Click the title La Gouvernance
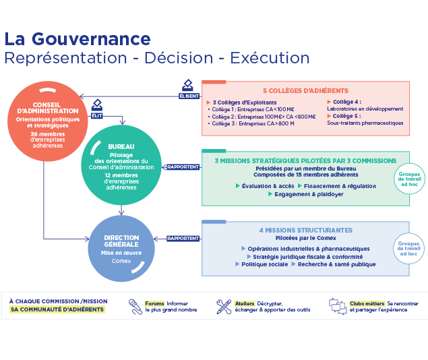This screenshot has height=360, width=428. (x=77, y=38)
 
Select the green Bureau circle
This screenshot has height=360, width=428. (x=121, y=165)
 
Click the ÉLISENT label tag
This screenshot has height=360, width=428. (x=189, y=96)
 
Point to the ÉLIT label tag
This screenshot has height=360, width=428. (x=97, y=115)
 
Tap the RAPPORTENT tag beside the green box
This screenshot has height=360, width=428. (x=183, y=167)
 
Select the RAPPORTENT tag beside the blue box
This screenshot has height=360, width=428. (x=183, y=238)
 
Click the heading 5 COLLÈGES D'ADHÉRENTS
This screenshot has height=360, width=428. (x=305, y=91)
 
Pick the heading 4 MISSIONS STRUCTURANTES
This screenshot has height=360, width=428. (x=305, y=230)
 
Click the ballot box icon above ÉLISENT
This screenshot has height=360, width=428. (x=189, y=86)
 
